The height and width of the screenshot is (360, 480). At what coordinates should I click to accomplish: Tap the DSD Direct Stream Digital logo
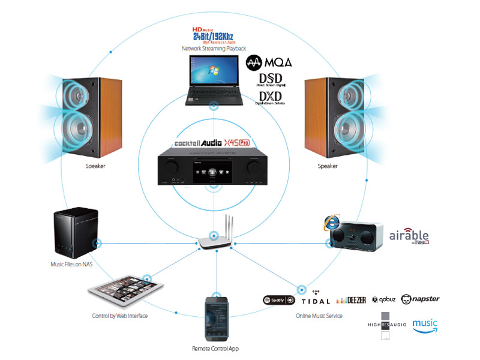[271, 80]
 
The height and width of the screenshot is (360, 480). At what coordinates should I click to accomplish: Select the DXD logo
[271, 97]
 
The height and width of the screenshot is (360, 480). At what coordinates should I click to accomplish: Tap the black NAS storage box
[73, 230]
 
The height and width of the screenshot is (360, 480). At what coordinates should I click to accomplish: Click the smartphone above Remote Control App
[218, 319]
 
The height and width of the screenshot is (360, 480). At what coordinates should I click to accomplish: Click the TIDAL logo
[316, 299]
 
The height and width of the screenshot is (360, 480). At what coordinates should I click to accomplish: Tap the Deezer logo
[351, 300]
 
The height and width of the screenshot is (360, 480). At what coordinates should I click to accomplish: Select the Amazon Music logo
[425, 325]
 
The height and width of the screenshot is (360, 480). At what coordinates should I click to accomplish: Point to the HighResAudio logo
[387, 325]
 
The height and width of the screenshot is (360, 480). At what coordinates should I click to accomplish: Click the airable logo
[409, 235]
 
